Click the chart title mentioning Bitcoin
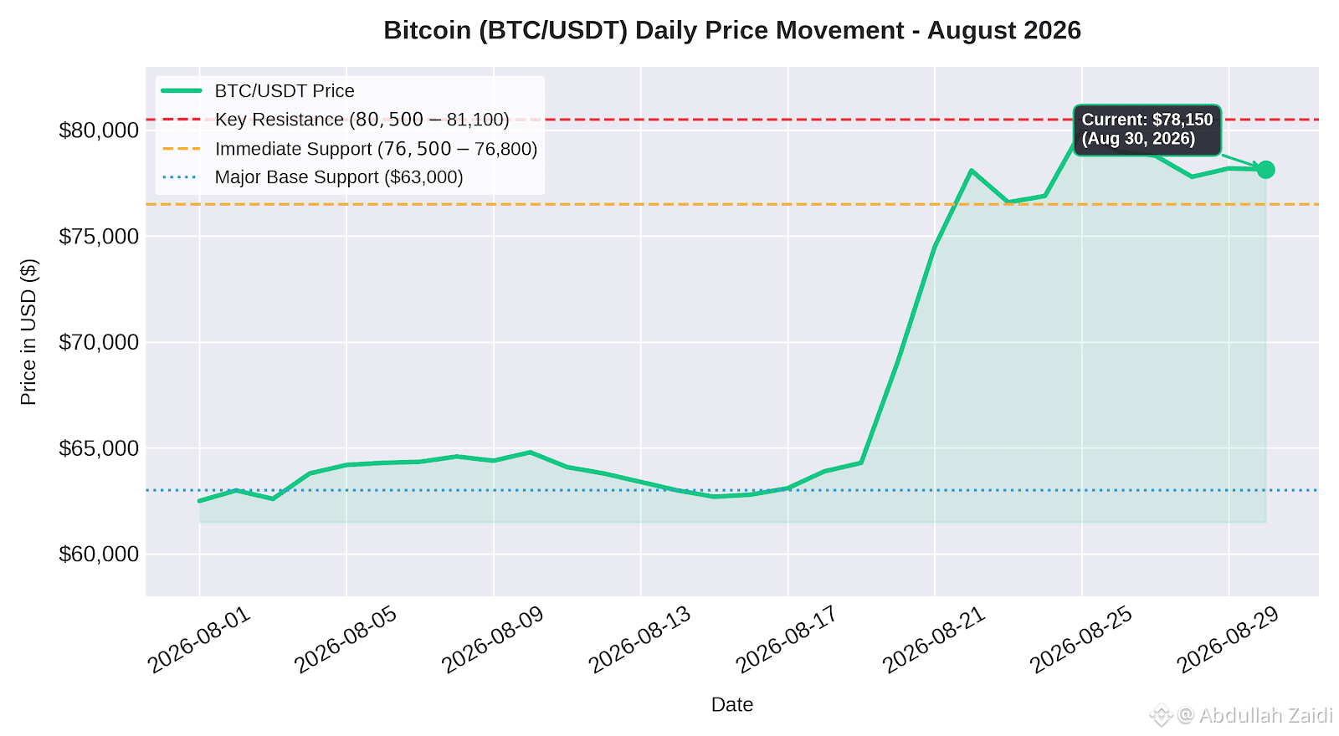(731, 30)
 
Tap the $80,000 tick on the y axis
(99, 130)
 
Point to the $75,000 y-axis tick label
(99, 237)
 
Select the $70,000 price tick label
(99, 342)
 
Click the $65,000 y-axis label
(99, 448)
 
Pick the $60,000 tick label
(99, 555)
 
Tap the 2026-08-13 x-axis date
(640, 640)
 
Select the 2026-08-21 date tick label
(934, 640)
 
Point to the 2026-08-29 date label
(1229, 640)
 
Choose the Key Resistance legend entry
(336, 120)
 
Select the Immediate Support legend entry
(350, 149)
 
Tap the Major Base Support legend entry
(313, 177)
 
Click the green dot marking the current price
(1265, 170)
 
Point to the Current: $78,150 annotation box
(1147, 130)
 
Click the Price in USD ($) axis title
(28, 332)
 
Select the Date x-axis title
(731, 705)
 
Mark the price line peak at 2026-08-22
(972, 171)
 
